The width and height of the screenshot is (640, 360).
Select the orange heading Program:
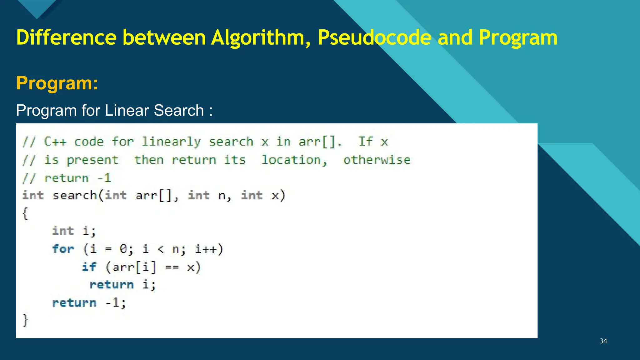tap(57, 83)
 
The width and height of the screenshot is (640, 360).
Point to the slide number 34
tap(603, 341)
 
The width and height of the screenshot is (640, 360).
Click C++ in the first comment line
tap(55, 142)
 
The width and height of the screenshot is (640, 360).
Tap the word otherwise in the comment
tap(377, 160)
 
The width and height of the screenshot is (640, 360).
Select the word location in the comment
tap(294, 160)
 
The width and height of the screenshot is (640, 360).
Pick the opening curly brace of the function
tap(25, 214)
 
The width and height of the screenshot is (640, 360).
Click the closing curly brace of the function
tap(25, 320)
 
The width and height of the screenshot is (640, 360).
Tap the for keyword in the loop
tap(63, 249)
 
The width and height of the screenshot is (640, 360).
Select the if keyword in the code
tap(89, 267)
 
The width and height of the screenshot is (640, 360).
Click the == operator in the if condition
tap(172, 267)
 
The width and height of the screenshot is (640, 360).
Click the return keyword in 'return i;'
tap(112, 285)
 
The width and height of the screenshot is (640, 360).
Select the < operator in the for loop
tap(161, 249)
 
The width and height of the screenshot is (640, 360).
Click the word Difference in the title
tap(66, 38)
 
